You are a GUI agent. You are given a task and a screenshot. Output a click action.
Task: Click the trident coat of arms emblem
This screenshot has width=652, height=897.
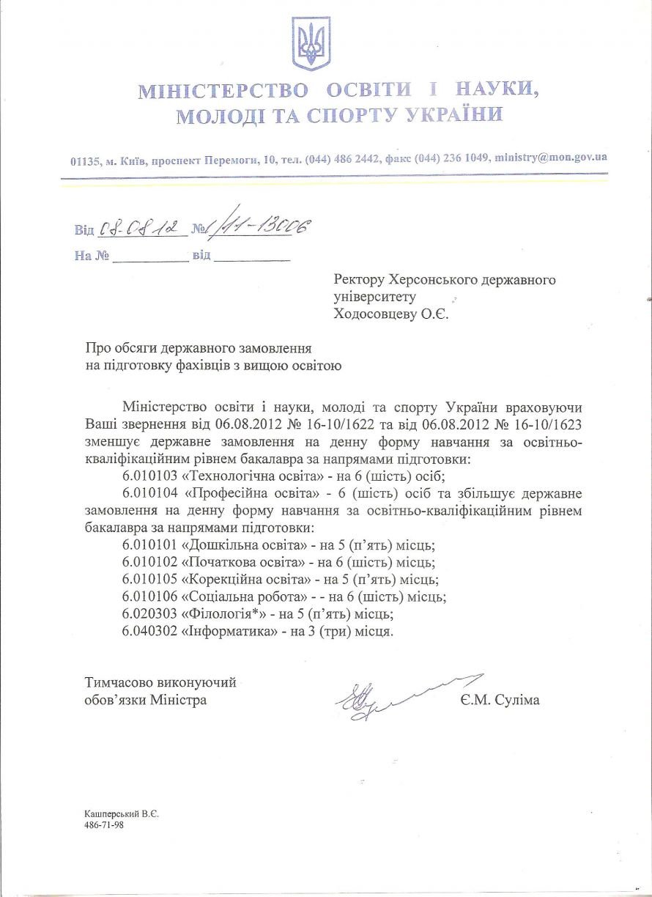[x=311, y=44]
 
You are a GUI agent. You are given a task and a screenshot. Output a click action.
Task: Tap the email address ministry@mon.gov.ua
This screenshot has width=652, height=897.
[x=550, y=158]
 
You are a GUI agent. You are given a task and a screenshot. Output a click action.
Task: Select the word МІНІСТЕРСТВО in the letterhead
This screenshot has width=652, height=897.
[x=224, y=91]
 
